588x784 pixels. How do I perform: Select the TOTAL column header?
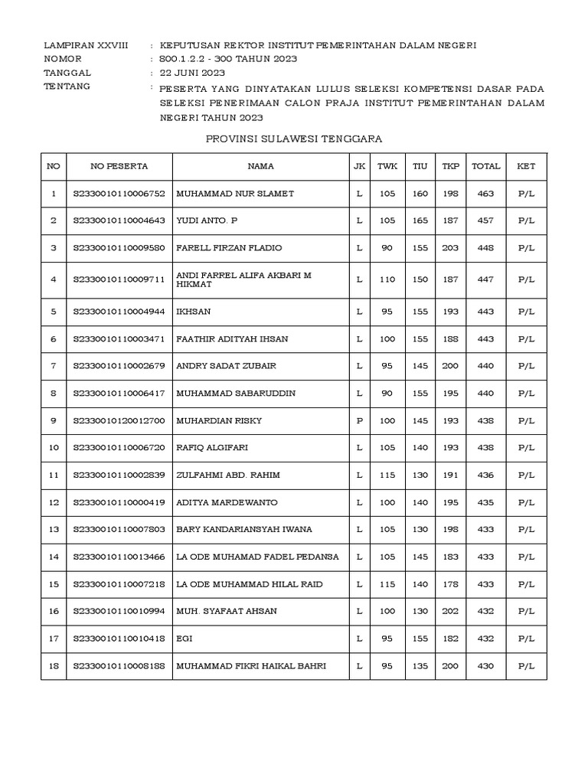[486, 165]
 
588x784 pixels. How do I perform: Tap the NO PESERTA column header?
[119, 165]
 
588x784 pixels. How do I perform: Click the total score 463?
[485, 194]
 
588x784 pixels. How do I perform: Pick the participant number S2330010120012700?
[119, 420]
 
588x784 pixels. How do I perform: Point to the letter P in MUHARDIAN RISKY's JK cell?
[359, 420]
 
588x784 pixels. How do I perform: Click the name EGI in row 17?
[184, 638]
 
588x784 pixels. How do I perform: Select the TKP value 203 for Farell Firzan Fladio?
[450, 248]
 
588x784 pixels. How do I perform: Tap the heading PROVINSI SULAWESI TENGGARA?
[294, 139]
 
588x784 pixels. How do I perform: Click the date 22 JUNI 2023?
[192, 73]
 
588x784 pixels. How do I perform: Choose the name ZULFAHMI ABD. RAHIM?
[228, 475]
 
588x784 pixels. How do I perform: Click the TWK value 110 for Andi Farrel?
[387, 279]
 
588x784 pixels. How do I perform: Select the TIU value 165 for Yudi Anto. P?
[420, 220]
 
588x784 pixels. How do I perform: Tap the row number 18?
[54, 666]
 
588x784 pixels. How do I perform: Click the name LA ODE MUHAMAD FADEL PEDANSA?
[257, 557]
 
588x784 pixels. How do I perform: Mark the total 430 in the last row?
[485, 666]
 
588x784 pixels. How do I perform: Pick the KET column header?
[526, 165]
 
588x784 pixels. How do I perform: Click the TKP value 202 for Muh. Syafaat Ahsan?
[450, 611]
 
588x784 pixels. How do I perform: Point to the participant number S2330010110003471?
[119, 338]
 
